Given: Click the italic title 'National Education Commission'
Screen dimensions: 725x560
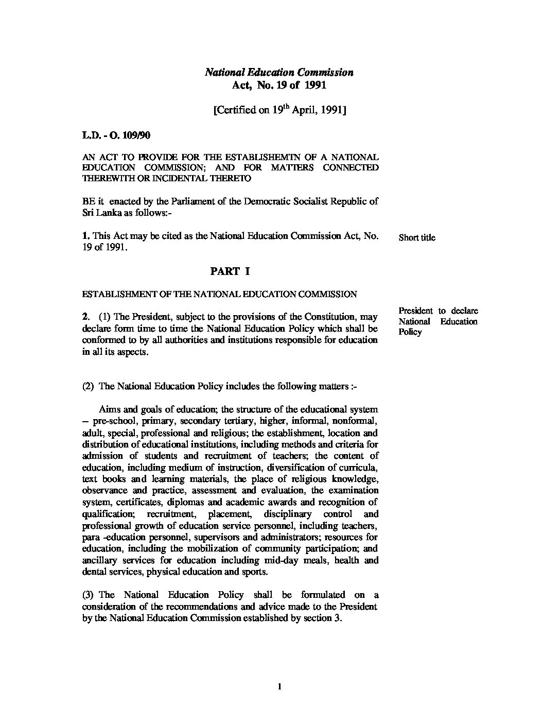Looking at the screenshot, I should coord(279,73).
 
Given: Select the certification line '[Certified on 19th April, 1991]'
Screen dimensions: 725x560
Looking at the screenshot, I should coord(279,110).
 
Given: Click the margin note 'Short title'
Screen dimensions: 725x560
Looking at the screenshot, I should coord(416,238).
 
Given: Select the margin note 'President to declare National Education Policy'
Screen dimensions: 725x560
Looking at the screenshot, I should coord(437,321).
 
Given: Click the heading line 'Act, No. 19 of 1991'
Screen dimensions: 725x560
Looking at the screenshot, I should coord(279,85).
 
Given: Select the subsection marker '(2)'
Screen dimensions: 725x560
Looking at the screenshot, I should coord(89,386).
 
